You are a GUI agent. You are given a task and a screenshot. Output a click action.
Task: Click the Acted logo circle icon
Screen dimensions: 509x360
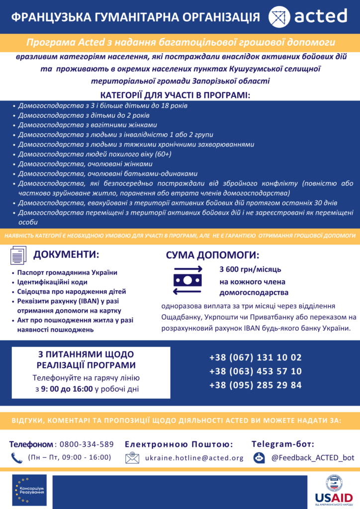tap(279, 16)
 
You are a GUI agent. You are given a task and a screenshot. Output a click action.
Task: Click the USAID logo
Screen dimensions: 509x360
tap(334, 489)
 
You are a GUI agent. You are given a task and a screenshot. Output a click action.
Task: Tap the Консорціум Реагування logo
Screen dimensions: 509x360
tap(29, 488)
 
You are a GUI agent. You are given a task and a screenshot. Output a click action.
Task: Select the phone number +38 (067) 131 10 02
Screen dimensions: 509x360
tap(255, 357)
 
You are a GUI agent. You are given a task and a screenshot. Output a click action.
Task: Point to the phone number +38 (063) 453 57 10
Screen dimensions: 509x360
tap(255, 371)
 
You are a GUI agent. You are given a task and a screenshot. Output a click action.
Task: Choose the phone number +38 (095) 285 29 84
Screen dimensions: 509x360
tap(255, 385)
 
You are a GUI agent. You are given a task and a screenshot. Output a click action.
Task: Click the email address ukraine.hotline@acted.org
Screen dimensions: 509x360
tap(194, 458)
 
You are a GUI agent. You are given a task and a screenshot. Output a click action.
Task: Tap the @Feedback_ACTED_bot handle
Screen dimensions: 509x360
tap(313, 458)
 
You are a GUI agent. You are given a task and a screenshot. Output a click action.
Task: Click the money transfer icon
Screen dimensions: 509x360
tap(187, 280)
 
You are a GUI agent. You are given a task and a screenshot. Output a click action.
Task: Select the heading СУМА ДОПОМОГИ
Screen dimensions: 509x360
tap(212, 256)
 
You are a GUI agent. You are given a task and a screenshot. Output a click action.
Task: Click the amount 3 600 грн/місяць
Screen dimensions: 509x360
tap(251, 269)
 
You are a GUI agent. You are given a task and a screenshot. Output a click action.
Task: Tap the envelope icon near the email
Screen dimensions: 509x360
tap(132, 458)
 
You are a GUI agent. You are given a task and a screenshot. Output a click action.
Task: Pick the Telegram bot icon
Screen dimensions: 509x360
tap(259, 458)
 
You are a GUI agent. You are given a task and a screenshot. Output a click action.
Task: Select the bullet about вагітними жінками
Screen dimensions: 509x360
tap(88, 125)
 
